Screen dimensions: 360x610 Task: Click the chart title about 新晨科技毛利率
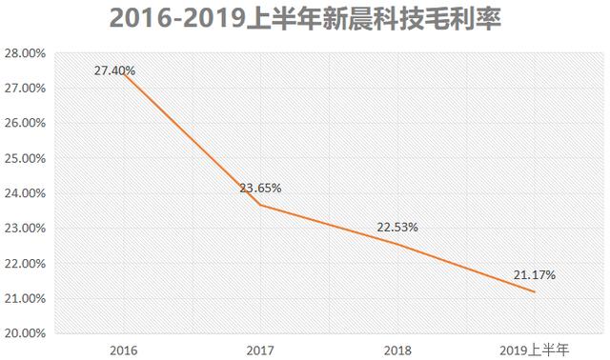tap(306, 19)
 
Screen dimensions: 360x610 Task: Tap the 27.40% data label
tap(114, 70)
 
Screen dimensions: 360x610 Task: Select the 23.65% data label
tap(260, 188)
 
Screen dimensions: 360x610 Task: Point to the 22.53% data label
tap(397, 227)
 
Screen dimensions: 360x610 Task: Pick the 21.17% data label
tap(535, 275)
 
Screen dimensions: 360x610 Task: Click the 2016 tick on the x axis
tap(123, 349)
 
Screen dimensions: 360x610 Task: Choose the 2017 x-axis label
tap(260, 349)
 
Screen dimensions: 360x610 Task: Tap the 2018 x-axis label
tap(397, 349)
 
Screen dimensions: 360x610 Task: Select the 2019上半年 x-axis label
tap(534, 349)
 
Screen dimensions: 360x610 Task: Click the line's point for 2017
tap(260, 205)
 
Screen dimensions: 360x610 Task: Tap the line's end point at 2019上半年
tap(535, 291)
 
